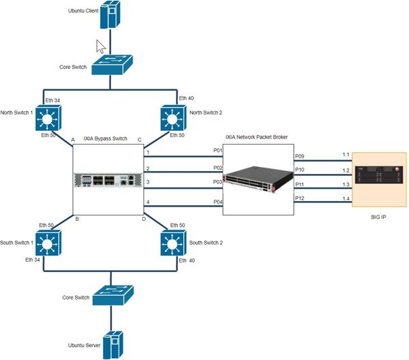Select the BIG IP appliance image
(x=380, y=179)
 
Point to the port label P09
(x=299, y=157)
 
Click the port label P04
(x=217, y=202)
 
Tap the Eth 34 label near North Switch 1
(x=53, y=100)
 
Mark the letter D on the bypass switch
(x=144, y=218)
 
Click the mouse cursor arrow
(x=100, y=46)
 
